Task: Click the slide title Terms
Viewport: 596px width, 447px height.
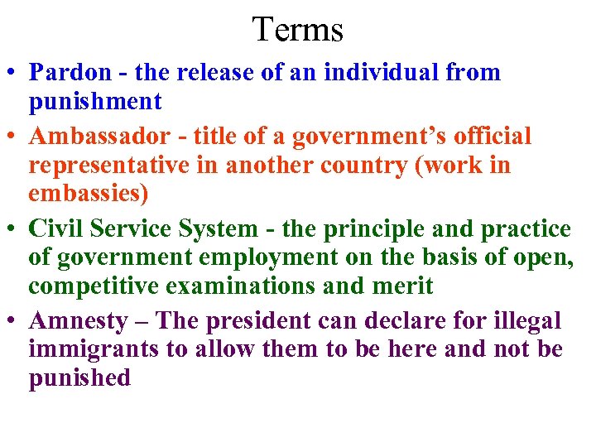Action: tap(297, 30)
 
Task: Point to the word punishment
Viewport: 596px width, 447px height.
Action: tap(95, 102)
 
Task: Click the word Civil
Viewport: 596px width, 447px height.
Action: tap(56, 228)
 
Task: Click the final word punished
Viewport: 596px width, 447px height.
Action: tap(79, 378)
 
